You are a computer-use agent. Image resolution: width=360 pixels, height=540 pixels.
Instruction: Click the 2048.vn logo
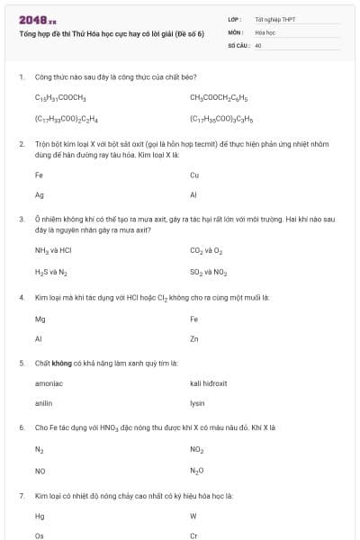[x=37, y=20]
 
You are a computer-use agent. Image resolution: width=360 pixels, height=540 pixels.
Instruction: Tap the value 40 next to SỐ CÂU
[x=258, y=44]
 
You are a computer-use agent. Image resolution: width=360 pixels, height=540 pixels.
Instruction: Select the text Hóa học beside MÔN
[x=265, y=31]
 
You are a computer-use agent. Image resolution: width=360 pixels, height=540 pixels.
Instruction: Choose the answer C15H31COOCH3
[x=60, y=97]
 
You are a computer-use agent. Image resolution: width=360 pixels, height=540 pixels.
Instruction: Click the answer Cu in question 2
[x=194, y=175]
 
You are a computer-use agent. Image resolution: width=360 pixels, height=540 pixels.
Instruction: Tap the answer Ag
[x=40, y=195]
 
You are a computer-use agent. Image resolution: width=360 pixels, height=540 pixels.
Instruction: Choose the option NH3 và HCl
[x=53, y=252]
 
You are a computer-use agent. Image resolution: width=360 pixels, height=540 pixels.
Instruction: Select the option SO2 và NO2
[x=208, y=272]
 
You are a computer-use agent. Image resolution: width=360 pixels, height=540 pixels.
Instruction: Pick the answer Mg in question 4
[x=40, y=319]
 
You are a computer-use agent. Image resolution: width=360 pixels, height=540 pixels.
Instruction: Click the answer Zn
[x=194, y=339]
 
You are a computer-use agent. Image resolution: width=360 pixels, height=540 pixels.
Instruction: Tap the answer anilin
[x=44, y=403]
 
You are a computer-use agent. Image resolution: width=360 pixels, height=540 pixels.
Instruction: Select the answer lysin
[x=198, y=403]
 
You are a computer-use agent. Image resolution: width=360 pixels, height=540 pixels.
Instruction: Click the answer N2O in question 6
[x=197, y=471]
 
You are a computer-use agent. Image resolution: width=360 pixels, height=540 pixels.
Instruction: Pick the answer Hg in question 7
[x=40, y=517]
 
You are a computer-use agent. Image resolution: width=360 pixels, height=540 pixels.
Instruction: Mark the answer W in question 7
[x=193, y=517]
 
